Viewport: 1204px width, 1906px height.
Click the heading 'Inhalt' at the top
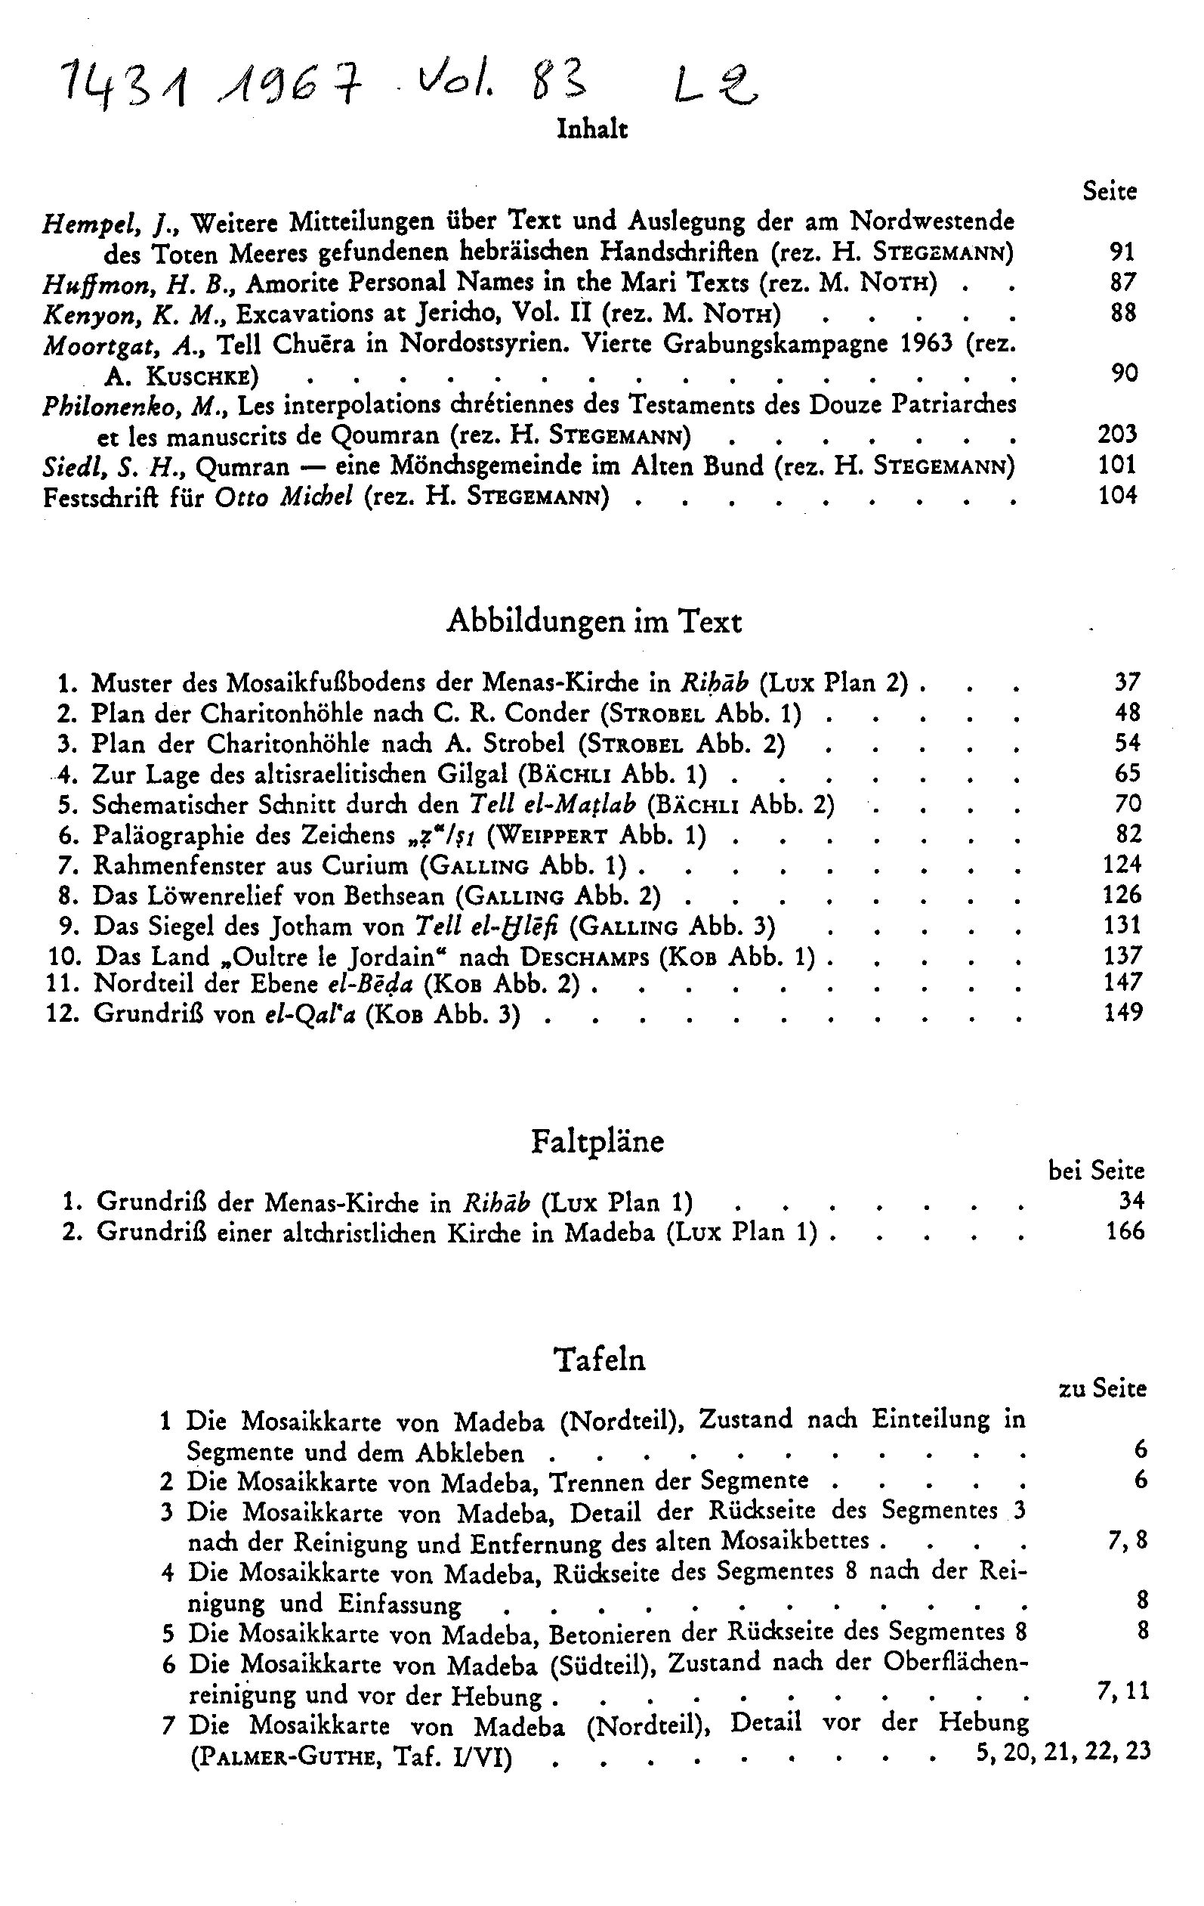591,129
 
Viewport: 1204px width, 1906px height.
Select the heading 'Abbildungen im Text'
594,622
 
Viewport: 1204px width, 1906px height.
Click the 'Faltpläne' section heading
597,1140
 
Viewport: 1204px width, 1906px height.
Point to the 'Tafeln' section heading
600,1360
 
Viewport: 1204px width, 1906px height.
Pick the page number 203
1117,434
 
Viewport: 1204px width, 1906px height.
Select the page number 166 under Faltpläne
1125,1231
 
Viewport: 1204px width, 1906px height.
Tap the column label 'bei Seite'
1096,1171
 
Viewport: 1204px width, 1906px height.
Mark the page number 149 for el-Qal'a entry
1123,1013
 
